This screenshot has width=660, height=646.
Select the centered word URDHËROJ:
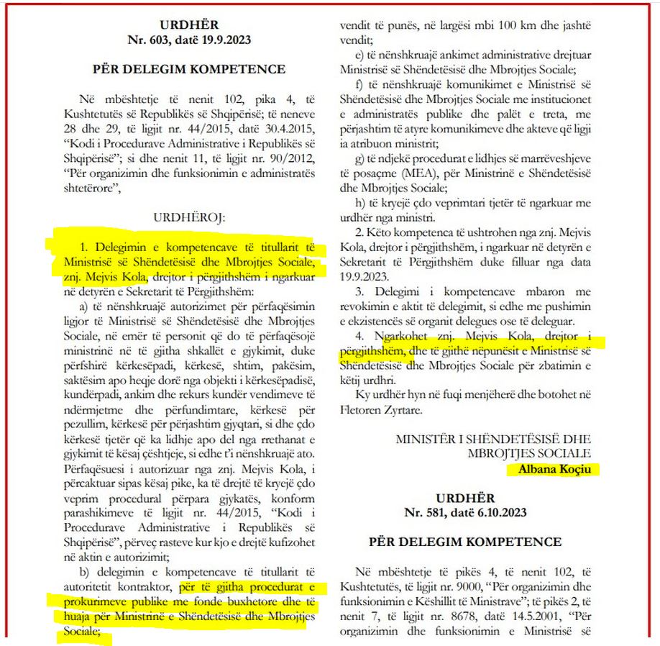(x=189, y=215)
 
